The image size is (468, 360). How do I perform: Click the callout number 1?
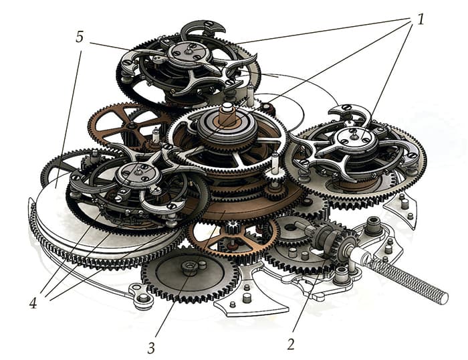pos(420,19)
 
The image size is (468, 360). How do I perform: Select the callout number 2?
pos(291,344)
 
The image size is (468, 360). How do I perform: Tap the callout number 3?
pos(151,348)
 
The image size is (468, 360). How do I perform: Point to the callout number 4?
pos(33,303)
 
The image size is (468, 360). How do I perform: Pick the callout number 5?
pos(80,37)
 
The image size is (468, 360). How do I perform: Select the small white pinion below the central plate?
pos(231,228)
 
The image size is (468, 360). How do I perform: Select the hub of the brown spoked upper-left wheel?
pos(130,126)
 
